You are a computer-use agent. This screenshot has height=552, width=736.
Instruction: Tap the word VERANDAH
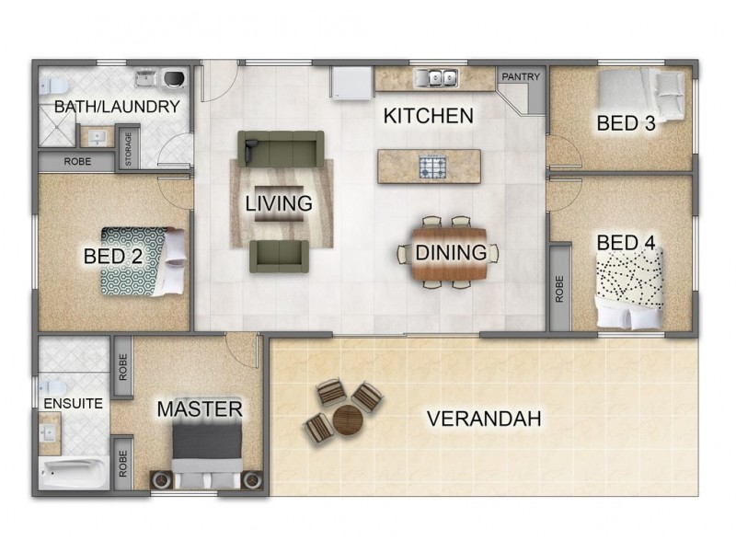point(483,419)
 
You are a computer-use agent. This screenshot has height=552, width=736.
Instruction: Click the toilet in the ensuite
point(49,386)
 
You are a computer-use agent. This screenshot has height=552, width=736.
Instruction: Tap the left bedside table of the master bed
point(162,479)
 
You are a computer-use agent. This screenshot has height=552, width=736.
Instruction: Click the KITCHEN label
point(428,116)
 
